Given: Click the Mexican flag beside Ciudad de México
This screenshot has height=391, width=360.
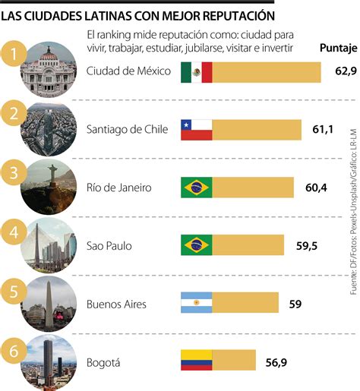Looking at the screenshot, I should (x=196, y=72).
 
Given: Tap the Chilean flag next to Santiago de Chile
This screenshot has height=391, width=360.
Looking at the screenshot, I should (x=196, y=130).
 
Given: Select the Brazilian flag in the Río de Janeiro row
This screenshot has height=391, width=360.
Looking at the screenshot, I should (x=196, y=188).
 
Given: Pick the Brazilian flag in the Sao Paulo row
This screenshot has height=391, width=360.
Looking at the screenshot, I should (x=196, y=245).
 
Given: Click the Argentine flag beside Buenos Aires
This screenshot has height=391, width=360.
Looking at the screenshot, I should (x=196, y=304).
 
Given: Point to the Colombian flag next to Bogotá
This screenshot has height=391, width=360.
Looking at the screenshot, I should (x=196, y=361).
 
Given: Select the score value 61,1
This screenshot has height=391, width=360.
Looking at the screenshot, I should (x=323, y=131).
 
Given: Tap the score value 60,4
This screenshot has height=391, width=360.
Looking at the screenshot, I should (x=314, y=188).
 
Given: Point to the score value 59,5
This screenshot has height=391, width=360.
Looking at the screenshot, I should (x=305, y=245).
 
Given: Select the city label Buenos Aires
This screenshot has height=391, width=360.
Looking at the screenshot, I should (x=116, y=304).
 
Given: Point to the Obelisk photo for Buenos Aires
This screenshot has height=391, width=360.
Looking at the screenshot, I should (x=50, y=302).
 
